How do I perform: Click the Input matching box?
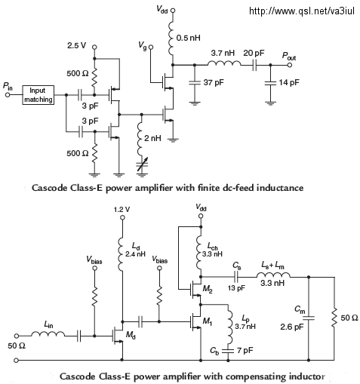pyautogui.click(x=38, y=95)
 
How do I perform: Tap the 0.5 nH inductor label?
pyautogui.click(x=188, y=38)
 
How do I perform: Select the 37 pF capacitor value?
pyautogui.click(x=214, y=82)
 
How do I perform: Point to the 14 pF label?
pyautogui.click(x=289, y=82)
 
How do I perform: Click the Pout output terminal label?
pyautogui.click(x=288, y=56)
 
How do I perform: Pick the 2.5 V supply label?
pyautogui.click(x=76, y=45)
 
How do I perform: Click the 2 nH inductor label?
pyautogui.click(x=152, y=138)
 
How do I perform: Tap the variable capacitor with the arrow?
pyautogui.click(x=142, y=164)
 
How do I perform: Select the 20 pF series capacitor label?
pyautogui.click(x=254, y=53)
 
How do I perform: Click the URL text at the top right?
pyautogui.click(x=302, y=11)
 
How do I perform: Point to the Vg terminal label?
pyautogui.click(x=142, y=45)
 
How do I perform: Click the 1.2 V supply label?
pyautogui.click(x=122, y=210)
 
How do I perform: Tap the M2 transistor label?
pyautogui.click(x=208, y=289)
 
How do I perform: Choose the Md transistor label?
pyautogui.click(x=131, y=335)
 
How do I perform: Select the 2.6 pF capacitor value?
pyautogui.click(x=292, y=327)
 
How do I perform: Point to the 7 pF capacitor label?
pyautogui.click(x=245, y=350)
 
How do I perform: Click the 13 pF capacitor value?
pyautogui.click(x=236, y=287)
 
